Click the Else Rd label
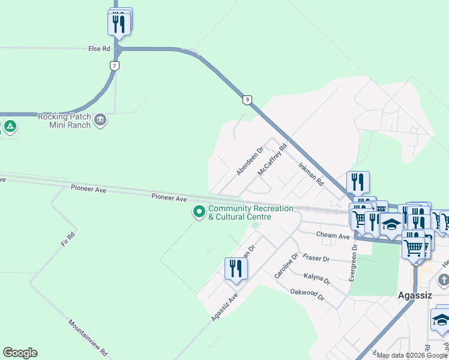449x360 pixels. [99, 48]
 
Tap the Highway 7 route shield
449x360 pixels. [114, 65]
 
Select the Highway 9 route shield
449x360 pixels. [247, 100]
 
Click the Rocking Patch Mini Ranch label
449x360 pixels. [64, 121]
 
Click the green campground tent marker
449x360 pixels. [10, 127]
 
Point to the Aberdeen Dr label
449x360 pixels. [250, 161]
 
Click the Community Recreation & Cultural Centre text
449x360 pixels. [250, 212]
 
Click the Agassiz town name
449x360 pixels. [415, 296]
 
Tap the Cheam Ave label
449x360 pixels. [333, 236]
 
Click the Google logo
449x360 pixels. [20, 353]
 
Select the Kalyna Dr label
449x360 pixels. [318, 280]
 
